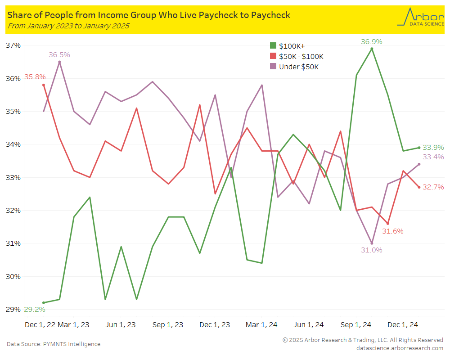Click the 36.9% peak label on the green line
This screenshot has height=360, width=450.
point(371,42)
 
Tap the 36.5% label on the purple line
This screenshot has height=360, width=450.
point(59,55)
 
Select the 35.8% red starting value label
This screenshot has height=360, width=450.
point(35,77)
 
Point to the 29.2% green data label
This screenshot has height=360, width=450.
point(34,310)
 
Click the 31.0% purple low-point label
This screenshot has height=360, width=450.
point(371,250)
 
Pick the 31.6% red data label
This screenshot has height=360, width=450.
point(392,231)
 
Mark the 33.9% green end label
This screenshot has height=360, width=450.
point(433,147)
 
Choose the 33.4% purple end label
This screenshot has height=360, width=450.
point(433,157)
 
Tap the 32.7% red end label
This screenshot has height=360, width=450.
point(433,187)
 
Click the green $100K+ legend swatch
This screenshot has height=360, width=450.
point(273,46)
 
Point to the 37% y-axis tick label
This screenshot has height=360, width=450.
point(13,45)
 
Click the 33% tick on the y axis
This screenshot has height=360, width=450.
point(13,177)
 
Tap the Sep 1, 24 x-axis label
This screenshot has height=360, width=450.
point(356,324)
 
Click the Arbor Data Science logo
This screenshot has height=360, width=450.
point(420,17)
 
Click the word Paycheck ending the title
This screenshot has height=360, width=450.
point(269,15)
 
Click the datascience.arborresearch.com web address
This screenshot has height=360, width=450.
point(400,348)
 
